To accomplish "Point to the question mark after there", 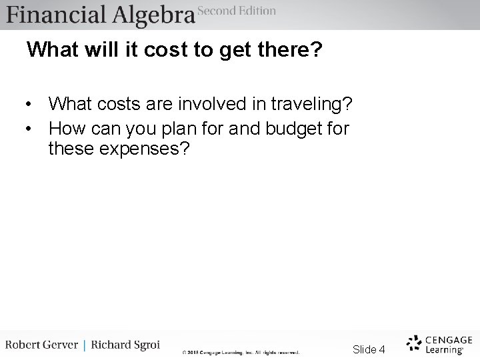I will pyautogui.click(x=317, y=50).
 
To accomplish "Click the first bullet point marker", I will pyautogui.click(x=30, y=105).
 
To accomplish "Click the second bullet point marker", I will pyautogui.click(x=30, y=128).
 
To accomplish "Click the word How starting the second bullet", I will pyautogui.click(x=65, y=127).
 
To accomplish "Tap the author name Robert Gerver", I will pyautogui.click(x=41, y=345).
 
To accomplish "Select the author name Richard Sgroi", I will pyautogui.click(x=127, y=345).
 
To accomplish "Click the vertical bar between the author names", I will pyautogui.click(x=84, y=345).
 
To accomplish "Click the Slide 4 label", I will pyautogui.click(x=369, y=349).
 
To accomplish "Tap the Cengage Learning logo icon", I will pyautogui.click(x=413, y=343).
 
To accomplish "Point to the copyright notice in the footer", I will pyautogui.click(x=241, y=352).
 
